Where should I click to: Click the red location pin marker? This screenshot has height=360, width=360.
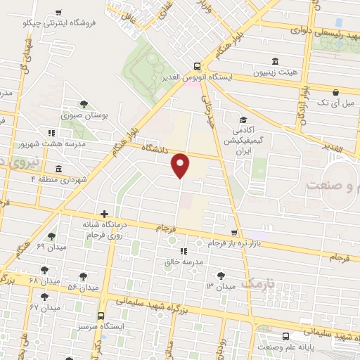pyautogui.click(x=181, y=165)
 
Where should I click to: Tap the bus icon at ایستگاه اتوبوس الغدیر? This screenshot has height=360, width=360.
pyautogui.click(x=196, y=66)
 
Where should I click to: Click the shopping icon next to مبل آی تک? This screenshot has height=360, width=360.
pyautogui.click(x=335, y=92)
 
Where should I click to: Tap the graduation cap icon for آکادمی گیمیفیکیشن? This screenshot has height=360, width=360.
pyautogui.click(x=243, y=119)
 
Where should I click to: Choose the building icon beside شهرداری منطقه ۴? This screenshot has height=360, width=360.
pyautogui.click(x=57, y=169)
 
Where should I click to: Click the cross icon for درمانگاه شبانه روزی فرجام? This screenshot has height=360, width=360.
pyautogui.click(x=104, y=213)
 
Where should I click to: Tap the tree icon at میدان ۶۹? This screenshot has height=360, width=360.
pyautogui.click(x=51, y=236)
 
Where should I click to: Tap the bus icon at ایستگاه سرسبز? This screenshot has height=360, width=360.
pyautogui.click(x=101, y=316)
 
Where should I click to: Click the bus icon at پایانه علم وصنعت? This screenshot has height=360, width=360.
pyautogui.click(x=285, y=336)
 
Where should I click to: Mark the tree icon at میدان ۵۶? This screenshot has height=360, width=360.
pyautogui.click(x=83, y=276)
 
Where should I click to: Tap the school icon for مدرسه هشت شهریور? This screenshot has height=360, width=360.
pyautogui.click(x=51, y=132)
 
